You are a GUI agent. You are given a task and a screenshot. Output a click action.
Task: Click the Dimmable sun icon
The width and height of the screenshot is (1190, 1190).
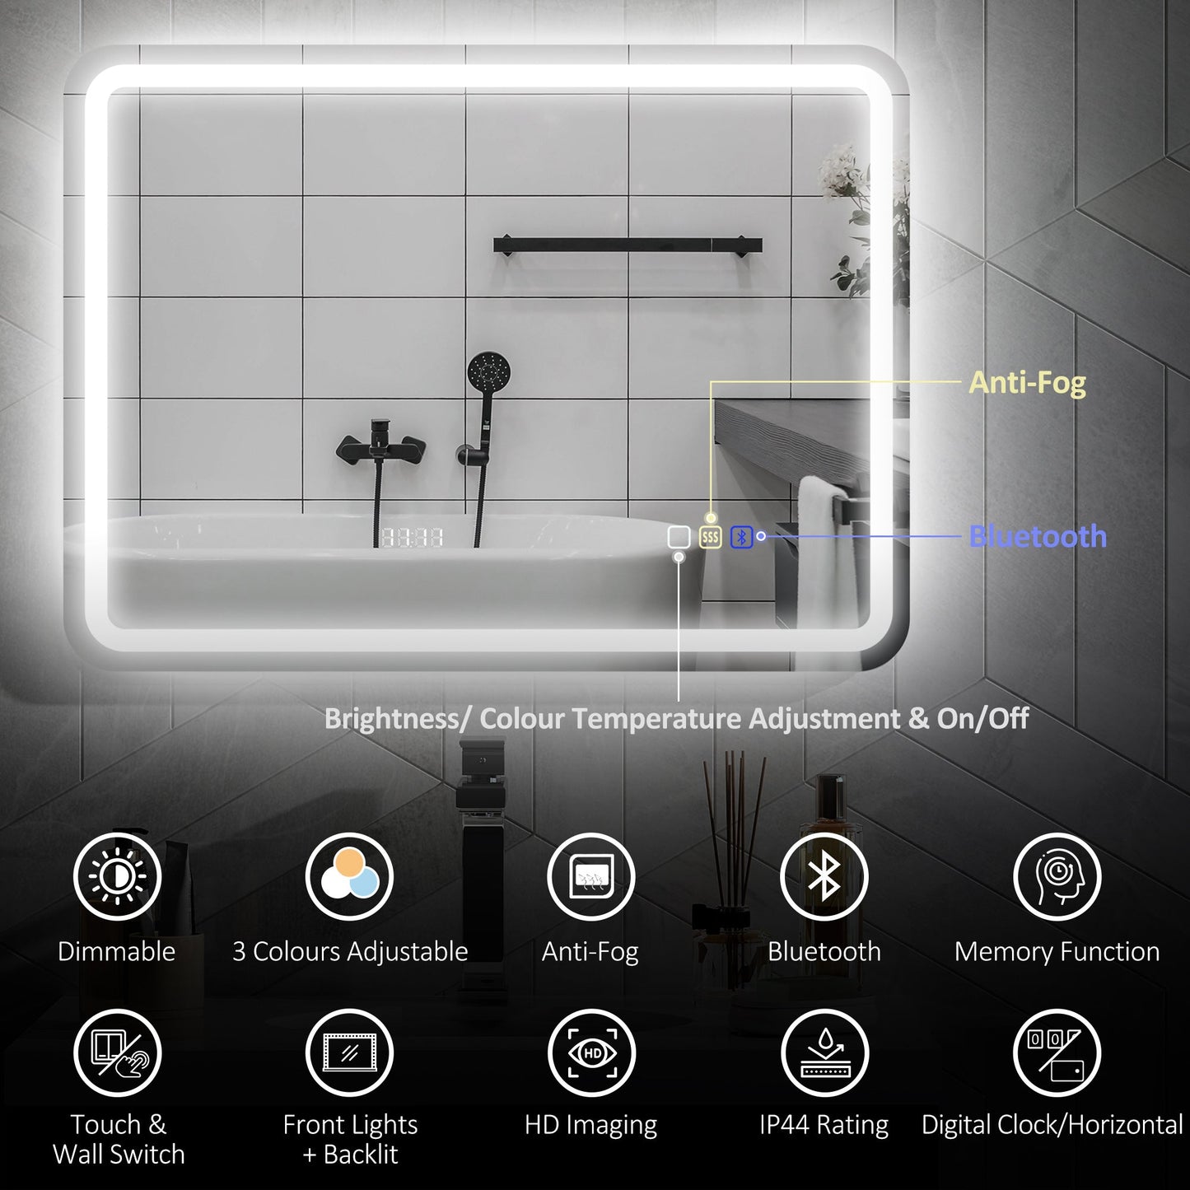117,877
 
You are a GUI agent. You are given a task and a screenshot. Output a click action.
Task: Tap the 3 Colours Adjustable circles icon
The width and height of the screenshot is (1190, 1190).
350,877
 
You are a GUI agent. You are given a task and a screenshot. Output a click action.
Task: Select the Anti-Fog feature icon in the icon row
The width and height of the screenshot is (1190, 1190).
590,877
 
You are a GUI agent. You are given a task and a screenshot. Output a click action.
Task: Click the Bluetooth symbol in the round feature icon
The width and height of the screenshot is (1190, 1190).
824,877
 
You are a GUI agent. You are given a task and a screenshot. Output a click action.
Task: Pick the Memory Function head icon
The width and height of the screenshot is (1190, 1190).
1057,877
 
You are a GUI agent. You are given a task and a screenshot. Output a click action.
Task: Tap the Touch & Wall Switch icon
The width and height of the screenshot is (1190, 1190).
117,1053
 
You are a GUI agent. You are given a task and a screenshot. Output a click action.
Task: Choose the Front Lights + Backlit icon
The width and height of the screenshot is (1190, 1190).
350,1053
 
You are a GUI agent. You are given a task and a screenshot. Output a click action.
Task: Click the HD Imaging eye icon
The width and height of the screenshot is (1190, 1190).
590,1053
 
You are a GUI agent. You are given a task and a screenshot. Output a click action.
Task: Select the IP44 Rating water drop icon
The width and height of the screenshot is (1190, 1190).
824,1053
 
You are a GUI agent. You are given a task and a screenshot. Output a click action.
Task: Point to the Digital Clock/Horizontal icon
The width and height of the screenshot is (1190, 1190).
1057,1053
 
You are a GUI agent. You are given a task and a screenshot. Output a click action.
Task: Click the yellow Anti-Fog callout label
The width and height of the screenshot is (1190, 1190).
1027,383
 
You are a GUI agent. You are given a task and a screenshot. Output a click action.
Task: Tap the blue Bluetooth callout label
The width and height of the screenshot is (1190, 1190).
1038,537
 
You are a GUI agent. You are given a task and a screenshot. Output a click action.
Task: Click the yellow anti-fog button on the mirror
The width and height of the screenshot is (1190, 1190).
710,538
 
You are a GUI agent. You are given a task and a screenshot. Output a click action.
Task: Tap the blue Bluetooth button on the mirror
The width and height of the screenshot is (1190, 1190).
741,538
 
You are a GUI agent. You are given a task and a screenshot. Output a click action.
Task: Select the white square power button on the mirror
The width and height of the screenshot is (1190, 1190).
679,538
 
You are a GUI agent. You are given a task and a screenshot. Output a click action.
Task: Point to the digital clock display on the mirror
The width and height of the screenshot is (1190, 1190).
412,538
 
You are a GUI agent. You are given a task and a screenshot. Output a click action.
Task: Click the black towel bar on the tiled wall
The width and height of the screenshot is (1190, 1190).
628,245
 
